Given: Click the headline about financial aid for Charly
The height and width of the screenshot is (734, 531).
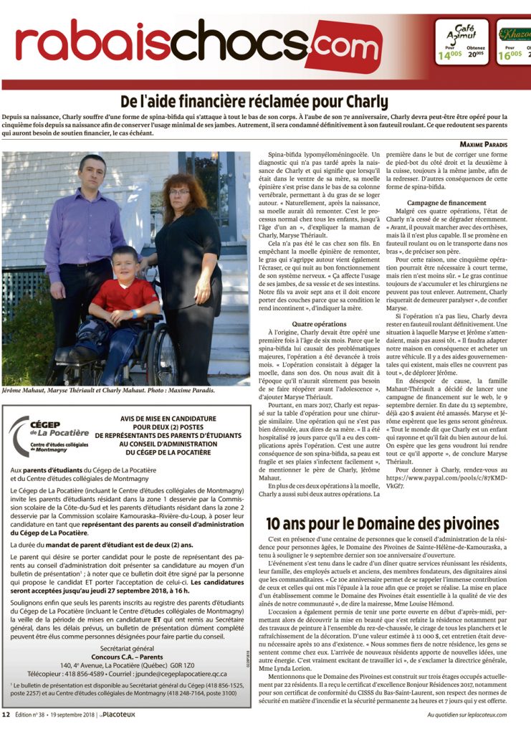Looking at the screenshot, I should pyautogui.click(x=265, y=101).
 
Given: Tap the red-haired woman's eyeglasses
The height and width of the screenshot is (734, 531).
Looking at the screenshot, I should pyautogui.click(x=180, y=191).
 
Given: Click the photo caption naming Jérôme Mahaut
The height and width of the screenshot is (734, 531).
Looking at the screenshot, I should pyautogui.click(x=115, y=391).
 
